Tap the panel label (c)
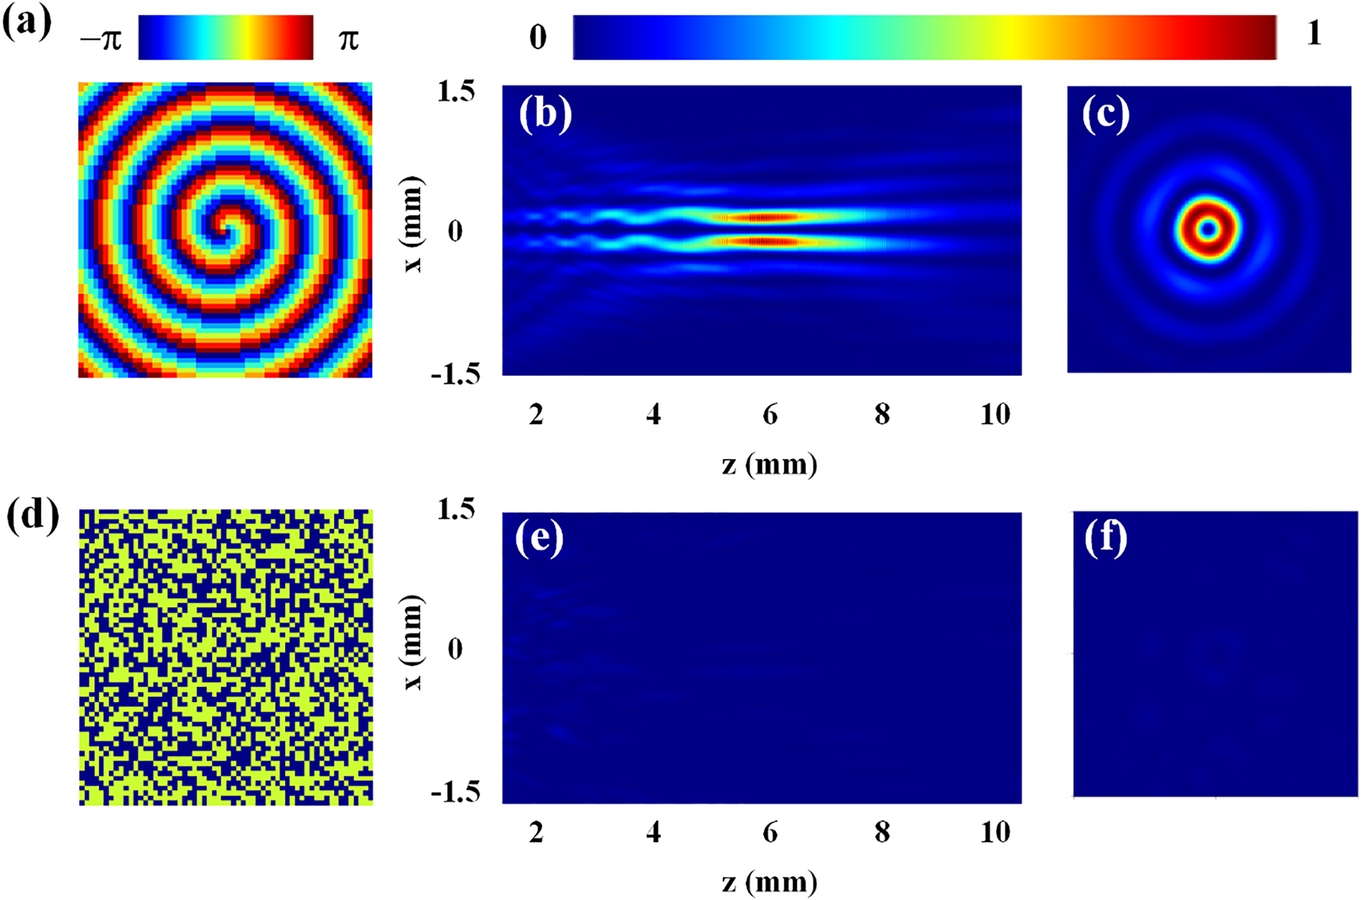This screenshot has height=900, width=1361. pos(1105,116)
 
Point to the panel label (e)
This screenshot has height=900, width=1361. pos(539,537)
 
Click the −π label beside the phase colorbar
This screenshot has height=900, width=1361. pos(101,38)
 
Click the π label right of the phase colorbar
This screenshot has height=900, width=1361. pos(348,38)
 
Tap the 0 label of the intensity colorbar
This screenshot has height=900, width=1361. pos(538,37)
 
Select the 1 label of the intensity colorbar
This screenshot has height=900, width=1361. pos(1314,34)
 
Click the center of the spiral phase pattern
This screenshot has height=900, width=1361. pos(224,230)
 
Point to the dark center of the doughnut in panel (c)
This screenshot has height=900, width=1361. pos(1207,230)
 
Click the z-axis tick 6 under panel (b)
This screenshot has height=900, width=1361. pos(770,414)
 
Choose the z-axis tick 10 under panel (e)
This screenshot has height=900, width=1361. pos(994,832)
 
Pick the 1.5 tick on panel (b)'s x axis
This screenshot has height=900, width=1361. pos(456,92)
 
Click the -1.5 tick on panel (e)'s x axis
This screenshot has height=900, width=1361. pos(455,792)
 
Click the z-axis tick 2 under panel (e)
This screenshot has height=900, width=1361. pos(536,832)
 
